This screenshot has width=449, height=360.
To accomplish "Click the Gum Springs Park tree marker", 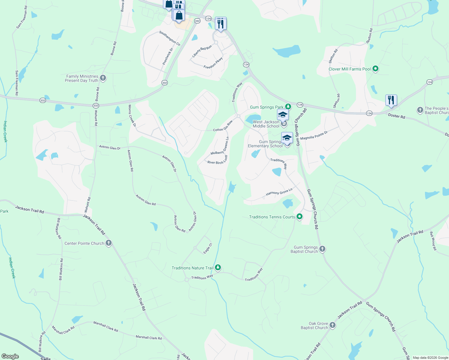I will tap(288, 106).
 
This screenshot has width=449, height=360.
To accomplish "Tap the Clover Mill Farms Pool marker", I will tap(375, 69).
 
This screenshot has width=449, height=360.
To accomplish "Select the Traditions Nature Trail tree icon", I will tap(218, 267).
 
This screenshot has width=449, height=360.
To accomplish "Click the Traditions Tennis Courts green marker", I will tap(299, 217).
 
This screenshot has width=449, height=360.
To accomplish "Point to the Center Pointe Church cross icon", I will tap(109, 243).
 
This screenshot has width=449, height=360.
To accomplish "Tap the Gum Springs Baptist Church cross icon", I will tap(322, 249).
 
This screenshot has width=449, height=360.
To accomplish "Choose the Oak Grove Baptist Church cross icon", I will tap(332, 325).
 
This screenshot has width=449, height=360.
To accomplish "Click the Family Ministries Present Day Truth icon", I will tap(103, 78).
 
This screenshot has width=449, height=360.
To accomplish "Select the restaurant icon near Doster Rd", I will tap(391, 100).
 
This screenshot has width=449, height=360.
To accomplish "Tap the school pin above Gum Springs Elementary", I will tap(287, 138).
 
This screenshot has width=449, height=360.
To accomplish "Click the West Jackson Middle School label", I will tap(266, 124).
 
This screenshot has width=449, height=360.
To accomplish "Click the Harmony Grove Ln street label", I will tap(279, 192).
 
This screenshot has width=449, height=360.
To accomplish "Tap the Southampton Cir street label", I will tap(170, 38).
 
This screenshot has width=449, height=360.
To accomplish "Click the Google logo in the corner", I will tap(10, 356).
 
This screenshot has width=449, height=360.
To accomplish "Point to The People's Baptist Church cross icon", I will tap(420, 110).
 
